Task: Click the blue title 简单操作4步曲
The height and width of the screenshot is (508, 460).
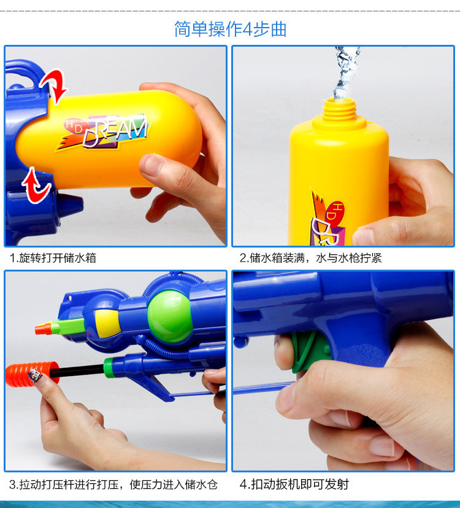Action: pos(230,29)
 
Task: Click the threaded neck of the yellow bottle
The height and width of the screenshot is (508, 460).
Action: pos(339,110)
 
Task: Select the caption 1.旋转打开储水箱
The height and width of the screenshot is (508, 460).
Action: pos(53,258)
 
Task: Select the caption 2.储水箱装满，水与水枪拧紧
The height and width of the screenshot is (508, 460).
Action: pos(310,258)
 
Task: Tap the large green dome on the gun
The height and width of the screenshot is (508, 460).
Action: pos(169,316)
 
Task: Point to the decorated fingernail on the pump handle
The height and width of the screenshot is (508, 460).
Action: pos(34,375)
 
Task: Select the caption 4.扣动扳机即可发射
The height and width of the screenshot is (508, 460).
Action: pos(294,484)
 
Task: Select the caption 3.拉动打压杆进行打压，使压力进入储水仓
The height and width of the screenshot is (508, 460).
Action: pos(113,485)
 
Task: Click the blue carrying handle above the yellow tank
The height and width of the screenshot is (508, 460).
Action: pos(25,73)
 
